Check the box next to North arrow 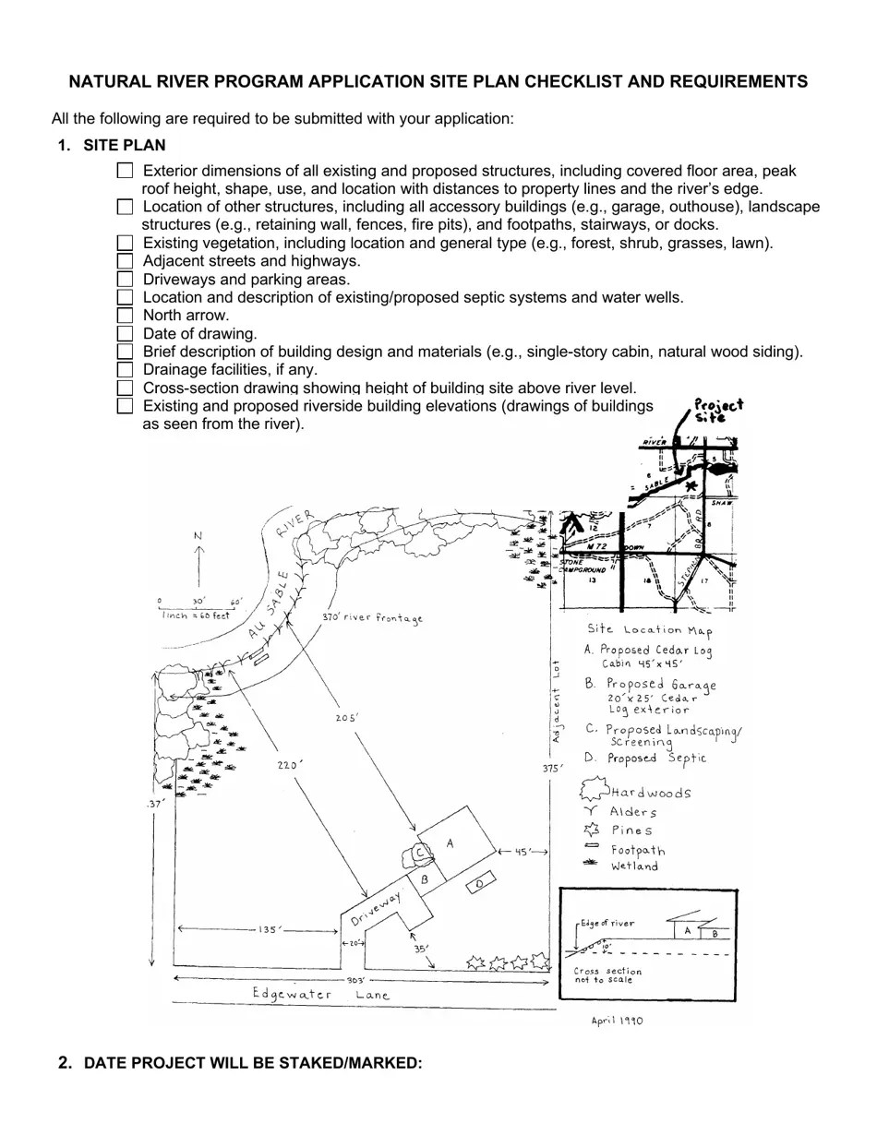[x=125, y=316]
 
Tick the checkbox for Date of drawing [x=125, y=333]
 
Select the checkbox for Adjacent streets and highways [x=125, y=261]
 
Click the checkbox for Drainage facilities [x=125, y=370]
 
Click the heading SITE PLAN [x=124, y=145]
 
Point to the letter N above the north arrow [x=198, y=536]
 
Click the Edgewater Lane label [x=321, y=995]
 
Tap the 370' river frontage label [x=372, y=617]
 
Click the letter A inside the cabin [x=451, y=842]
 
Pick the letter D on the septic [x=478, y=885]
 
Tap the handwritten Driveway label [x=376, y=910]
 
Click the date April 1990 [x=617, y=1021]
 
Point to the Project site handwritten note [x=717, y=410]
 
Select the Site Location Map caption [x=649, y=630]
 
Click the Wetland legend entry [x=634, y=866]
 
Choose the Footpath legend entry [x=637, y=850]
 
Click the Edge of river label [x=607, y=924]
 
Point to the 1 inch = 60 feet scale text [x=195, y=615]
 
